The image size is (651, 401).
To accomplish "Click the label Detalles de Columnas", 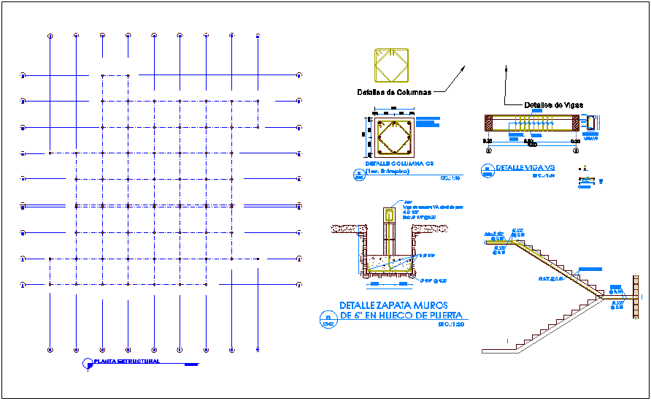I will [394, 93].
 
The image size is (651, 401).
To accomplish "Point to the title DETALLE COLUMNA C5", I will [395, 164].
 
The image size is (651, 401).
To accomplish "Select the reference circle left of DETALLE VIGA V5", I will [487, 171].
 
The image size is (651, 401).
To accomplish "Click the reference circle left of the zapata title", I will [327, 316].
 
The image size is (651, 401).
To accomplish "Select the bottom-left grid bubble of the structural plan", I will [50, 349].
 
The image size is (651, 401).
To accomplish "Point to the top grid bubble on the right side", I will [300, 75].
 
